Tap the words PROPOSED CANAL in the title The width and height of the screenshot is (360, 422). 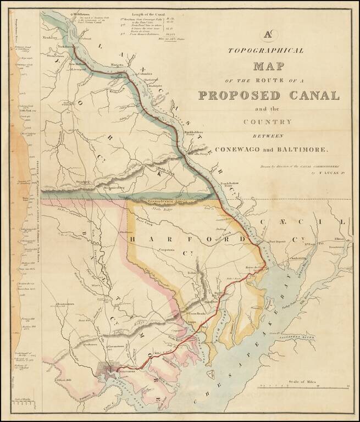[269, 95]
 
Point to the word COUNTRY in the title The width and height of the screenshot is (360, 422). [269, 121]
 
